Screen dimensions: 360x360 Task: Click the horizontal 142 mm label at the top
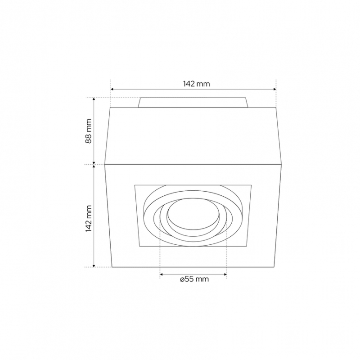pos(196,84)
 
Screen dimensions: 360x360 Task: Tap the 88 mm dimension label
pos(88,131)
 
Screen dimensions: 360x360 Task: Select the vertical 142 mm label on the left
pos(88,218)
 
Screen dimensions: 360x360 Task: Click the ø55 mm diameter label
pos(194,279)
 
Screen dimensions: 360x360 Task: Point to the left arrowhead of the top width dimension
pos(112,89)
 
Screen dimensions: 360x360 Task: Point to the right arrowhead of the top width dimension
pos(274,89)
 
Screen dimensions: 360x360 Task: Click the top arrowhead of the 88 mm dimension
pos(94,99)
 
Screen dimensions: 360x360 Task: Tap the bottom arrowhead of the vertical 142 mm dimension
pos(94,265)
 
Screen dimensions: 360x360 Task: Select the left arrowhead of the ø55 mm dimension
pos(162,274)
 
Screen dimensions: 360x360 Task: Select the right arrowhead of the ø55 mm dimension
pos(225,274)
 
